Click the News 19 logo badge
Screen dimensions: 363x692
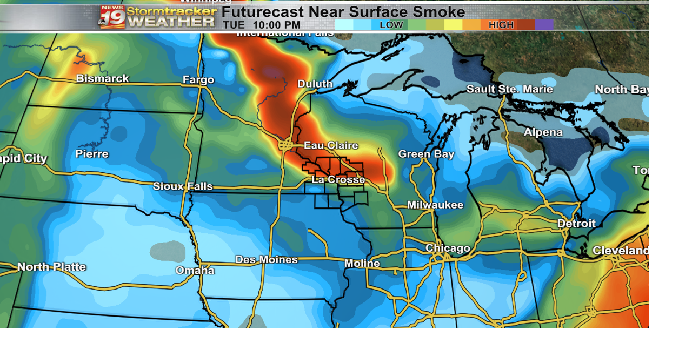coord(112,16)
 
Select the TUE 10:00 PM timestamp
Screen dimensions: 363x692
coord(262,25)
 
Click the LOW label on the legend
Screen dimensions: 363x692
coord(391,25)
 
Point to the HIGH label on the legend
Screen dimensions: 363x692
coord(501,25)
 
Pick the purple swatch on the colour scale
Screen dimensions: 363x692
coord(544,25)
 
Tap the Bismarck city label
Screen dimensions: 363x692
coord(102,79)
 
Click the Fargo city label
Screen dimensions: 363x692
coord(198,80)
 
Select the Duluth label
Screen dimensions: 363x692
coord(315,84)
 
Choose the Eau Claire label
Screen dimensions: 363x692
coord(330,145)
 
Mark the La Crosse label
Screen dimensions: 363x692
coord(338,179)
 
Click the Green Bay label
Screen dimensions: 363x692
coord(426,154)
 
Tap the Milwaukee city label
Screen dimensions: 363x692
coord(435,205)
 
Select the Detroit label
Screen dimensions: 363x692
coord(576,223)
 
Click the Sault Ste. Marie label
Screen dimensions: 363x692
coord(509,89)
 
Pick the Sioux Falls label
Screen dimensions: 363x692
coord(183,186)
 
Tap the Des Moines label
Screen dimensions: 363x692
coord(266,260)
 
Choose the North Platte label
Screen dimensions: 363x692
coord(51,267)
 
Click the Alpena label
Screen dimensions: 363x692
coord(543,132)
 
